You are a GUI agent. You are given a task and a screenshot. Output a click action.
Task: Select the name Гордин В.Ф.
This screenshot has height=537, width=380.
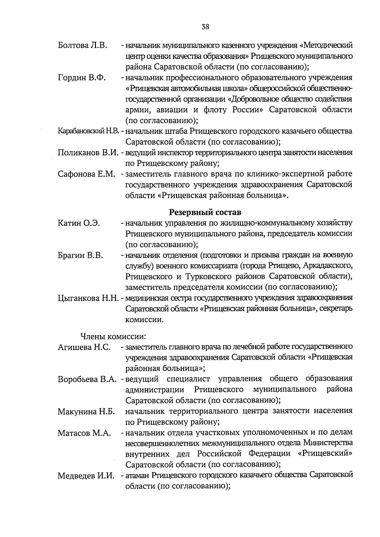(82, 78)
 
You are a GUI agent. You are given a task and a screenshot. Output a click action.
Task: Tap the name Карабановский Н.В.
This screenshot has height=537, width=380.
(88, 131)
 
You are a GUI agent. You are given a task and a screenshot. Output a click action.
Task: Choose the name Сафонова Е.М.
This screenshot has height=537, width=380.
(86, 174)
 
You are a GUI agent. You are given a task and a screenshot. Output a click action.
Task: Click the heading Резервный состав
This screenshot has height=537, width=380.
(205, 211)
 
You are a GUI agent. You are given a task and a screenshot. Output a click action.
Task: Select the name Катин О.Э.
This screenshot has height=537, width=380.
(79, 223)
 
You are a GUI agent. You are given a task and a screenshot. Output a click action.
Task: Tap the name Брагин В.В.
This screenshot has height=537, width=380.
(80, 255)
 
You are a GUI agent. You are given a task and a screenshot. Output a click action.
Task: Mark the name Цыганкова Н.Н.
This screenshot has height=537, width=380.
(88, 298)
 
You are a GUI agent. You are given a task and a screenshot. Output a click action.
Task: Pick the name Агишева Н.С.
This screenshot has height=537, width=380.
(84, 347)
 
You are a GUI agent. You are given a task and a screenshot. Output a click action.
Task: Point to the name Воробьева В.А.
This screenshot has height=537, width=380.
(88, 379)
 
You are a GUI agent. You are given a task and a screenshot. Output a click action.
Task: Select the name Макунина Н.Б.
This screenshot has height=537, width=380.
(86, 412)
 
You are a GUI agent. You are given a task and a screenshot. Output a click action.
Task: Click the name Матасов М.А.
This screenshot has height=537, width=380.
(84, 433)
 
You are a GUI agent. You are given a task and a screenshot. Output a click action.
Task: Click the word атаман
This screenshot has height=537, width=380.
(138, 475)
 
